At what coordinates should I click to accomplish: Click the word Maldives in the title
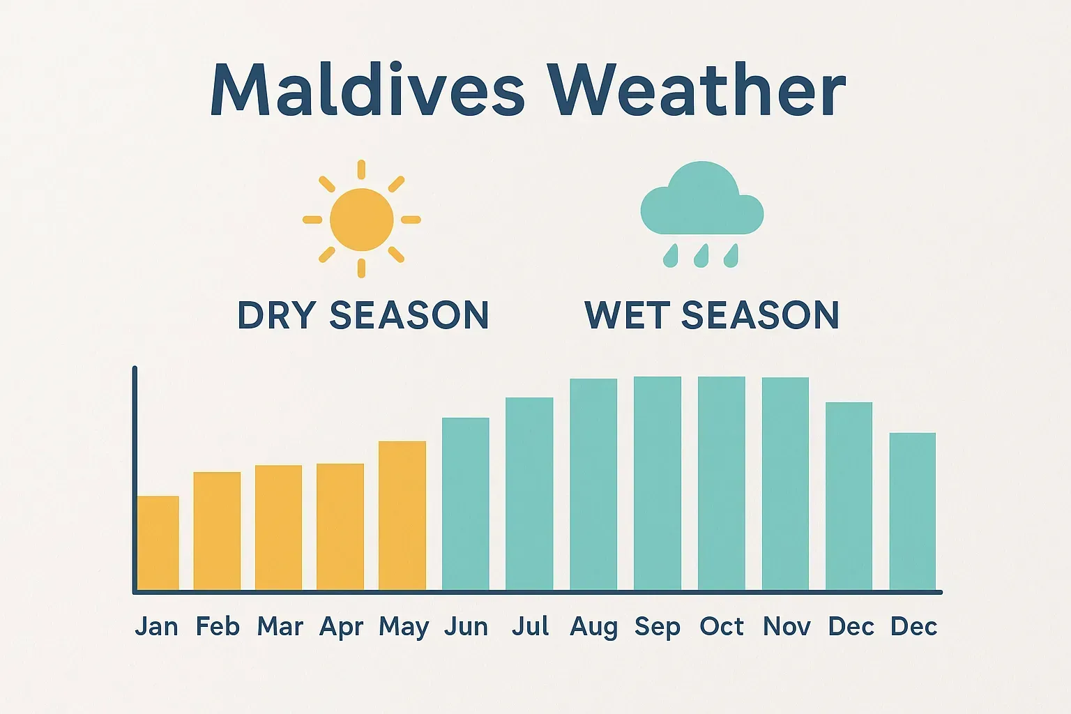point(367,91)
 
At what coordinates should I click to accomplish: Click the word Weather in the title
point(696,91)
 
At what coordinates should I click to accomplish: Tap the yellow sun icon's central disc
point(361,220)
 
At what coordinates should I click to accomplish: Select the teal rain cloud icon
point(701,202)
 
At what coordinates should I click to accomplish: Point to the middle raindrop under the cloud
point(701,255)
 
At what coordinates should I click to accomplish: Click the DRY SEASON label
point(363,315)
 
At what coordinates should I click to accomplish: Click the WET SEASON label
point(712,315)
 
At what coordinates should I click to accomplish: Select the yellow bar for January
point(158,543)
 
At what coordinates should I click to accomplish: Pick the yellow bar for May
point(402,516)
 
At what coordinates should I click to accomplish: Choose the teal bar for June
point(466,504)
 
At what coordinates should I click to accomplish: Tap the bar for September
point(658,484)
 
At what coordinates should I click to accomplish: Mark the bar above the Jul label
point(529,494)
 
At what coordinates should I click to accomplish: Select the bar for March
point(278,528)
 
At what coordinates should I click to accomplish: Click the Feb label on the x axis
point(218,626)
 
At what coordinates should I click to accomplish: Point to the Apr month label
point(341,627)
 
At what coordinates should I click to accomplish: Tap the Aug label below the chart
point(593,627)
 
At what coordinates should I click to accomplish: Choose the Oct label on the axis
point(722,626)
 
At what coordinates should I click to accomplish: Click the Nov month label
point(787,626)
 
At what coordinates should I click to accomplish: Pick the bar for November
point(785,484)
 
